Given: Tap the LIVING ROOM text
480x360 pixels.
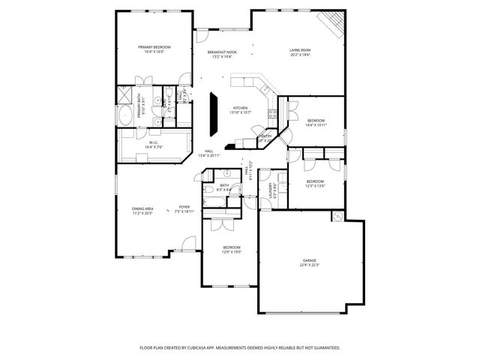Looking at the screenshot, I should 300,50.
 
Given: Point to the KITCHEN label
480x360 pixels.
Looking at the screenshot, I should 240,107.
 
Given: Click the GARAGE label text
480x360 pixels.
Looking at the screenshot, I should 310,260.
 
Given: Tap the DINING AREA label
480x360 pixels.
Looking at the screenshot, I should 142,208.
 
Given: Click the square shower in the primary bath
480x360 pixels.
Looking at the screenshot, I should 124,95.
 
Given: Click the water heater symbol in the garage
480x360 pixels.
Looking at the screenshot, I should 337,217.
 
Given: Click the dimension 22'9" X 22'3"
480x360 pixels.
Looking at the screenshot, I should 310,265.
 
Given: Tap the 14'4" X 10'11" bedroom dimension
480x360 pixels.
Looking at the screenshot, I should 316,124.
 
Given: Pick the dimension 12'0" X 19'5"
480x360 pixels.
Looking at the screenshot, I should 232,251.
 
